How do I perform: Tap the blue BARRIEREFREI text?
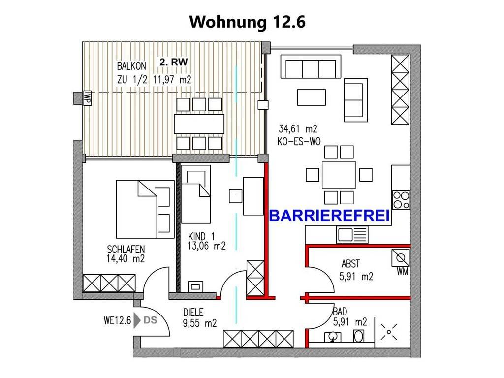coord(329,216)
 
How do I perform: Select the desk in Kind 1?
coord(253,195)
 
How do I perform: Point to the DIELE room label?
coord(193,312)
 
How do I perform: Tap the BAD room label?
coord(340,312)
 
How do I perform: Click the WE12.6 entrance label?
coord(117,321)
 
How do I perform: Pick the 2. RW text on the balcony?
coord(174,62)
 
